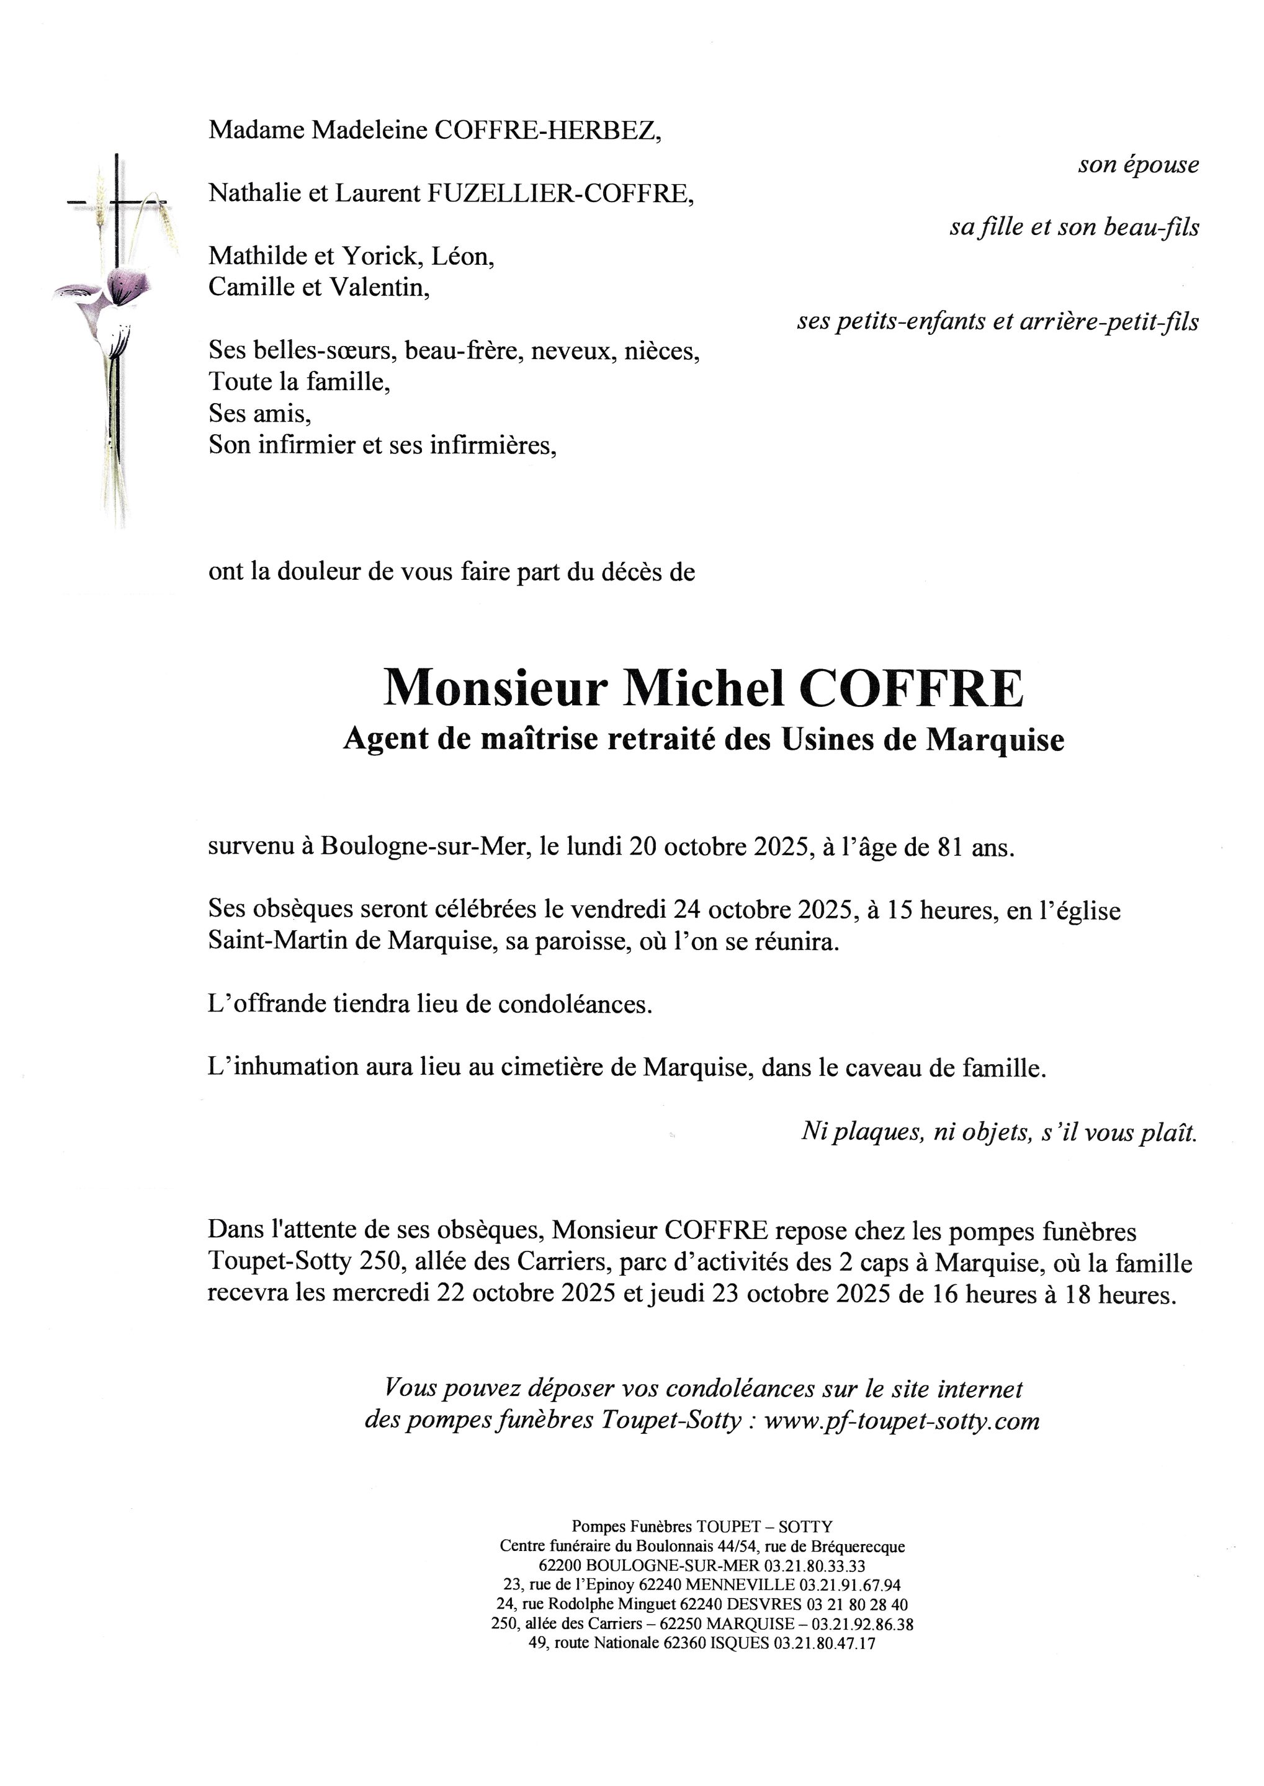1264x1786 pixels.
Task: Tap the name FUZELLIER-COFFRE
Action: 560,193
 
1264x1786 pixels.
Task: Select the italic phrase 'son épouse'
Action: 1138,165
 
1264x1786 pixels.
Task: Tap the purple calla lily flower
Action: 120,287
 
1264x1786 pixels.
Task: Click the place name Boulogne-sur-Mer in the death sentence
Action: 423,846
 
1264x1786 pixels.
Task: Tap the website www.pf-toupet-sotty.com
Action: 902,1421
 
